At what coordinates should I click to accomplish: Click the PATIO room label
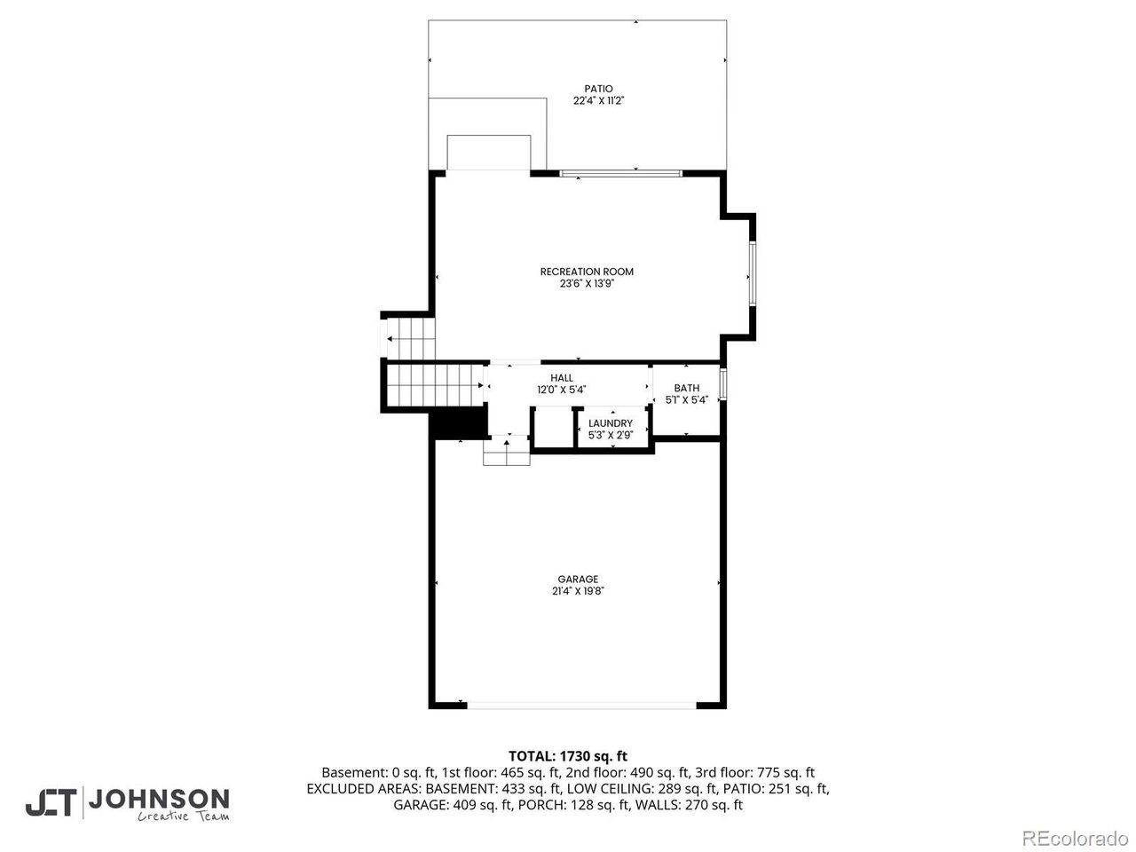point(598,89)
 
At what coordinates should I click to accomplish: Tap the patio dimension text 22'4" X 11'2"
point(598,100)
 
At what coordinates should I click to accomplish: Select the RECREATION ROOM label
point(587,272)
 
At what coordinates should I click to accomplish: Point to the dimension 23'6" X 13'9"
point(587,283)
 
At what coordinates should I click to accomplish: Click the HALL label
point(562,378)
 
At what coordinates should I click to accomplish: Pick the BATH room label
point(686,388)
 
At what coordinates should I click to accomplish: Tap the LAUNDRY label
point(611,423)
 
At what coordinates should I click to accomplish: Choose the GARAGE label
point(578,579)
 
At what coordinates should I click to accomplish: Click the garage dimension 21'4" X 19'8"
point(578,591)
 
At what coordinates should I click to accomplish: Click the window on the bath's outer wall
point(723,383)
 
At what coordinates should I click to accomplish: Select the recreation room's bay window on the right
point(753,273)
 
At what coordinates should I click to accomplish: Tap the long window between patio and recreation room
point(620,173)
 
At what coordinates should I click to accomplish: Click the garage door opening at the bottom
point(581,705)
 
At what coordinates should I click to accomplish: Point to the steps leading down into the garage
point(506,451)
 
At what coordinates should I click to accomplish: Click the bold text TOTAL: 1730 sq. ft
point(568,756)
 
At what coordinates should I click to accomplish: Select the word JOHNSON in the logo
point(159,800)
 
